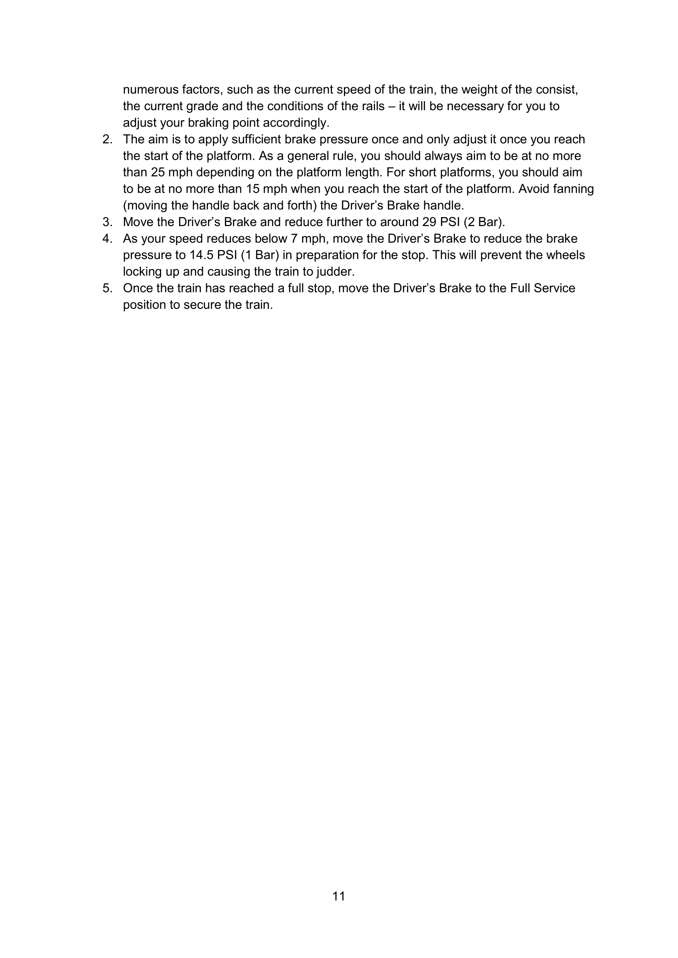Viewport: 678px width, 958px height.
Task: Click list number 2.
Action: tap(107, 139)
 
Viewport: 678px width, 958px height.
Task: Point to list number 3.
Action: tap(107, 222)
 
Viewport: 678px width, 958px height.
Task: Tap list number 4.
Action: tap(107, 239)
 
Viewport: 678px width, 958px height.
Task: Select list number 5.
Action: tap(107, 288)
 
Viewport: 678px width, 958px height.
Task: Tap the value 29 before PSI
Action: tap(429, 222)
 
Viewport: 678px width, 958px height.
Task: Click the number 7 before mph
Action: tap(294, 239)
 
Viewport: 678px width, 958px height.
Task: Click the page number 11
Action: tap(339, 896)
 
